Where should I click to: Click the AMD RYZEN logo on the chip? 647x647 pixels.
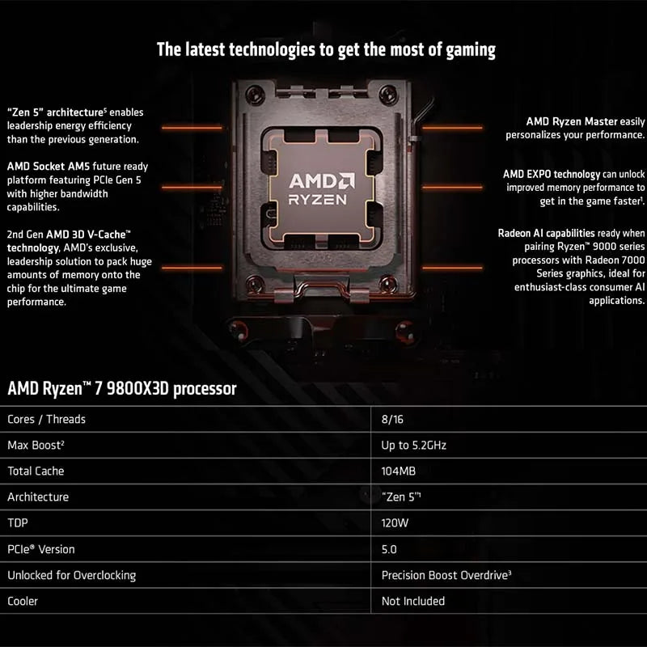click(x=322, y=188)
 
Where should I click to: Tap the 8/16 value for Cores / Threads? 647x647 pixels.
click(x=392, y=419)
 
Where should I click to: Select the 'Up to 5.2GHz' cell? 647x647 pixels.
click(x=413, y=445)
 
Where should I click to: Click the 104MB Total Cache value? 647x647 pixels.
click(x=399, y=471)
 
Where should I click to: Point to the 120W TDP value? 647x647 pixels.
click(x=395, y=523)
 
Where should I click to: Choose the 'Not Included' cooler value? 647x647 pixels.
click(x=412, y=601)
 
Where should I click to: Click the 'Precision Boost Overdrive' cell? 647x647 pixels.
click(x=446, y=575)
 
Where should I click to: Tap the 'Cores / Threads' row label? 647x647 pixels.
click(x=46, y=419)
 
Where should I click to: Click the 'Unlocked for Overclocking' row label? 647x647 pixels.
click(x=71, y=575)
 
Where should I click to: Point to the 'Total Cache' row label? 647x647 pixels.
click(x=36, y=471)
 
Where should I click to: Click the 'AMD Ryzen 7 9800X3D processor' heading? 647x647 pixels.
click(x=122, y=389)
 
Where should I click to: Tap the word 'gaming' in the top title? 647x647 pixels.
click(x=464, y=49)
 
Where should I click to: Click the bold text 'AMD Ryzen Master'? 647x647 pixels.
click(x=573, y=121)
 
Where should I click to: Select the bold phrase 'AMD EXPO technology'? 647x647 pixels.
click(x=552, y=174)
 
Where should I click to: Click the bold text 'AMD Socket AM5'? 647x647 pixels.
click(x=48, y=166)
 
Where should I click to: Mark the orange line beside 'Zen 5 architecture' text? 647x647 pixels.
click(x=192, y=127)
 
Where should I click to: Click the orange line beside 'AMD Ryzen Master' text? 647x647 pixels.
click(x=452, y=127)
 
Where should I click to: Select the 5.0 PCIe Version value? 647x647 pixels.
click(x=389, y=549)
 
